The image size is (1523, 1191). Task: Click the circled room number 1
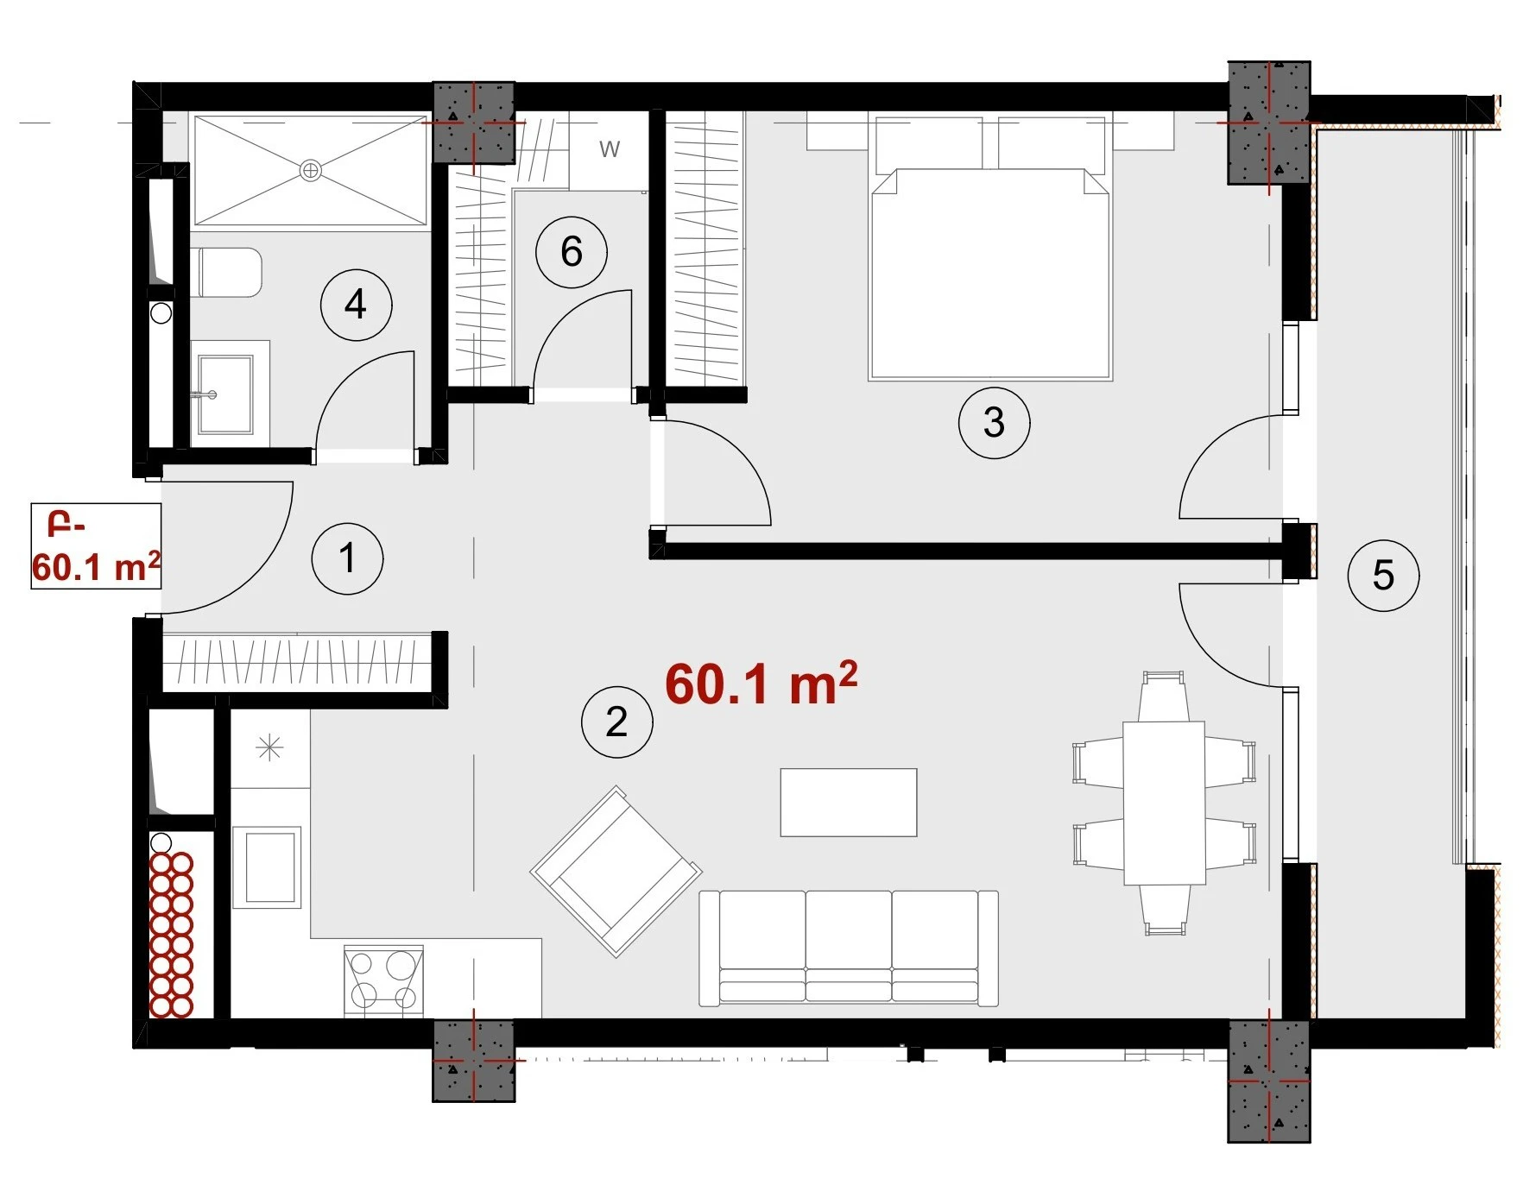pos(347,558)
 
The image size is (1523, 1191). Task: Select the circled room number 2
pos(616,722)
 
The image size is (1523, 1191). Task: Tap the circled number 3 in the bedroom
pos(994,422)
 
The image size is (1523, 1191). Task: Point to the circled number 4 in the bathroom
pos(356,305)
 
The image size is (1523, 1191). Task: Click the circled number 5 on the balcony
pos(1383,576)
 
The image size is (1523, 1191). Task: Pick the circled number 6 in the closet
pos(571,252)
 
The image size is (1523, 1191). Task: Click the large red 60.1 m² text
pos(761,684)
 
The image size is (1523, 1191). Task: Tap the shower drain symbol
pos(311,171)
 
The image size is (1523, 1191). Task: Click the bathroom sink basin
pos(226,394)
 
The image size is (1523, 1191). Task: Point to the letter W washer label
pos(610,149)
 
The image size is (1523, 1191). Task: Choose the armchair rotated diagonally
pos(616,871)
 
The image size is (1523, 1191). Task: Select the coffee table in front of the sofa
pos(849,803)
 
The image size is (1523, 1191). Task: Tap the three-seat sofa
pos(849,948)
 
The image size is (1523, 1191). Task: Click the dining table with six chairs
pos(1164,804)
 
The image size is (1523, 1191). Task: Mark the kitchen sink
pos(267,867)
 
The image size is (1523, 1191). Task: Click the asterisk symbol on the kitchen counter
pos(270,747)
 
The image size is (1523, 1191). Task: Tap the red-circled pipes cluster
pos(171,935)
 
